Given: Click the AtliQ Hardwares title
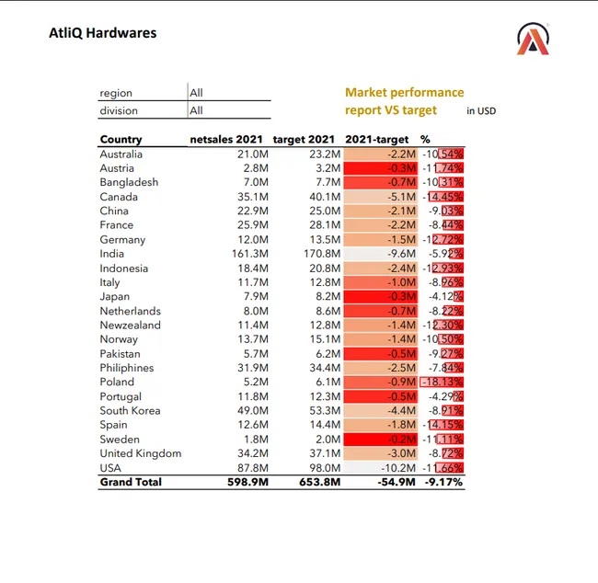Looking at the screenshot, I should (x=102, y=33).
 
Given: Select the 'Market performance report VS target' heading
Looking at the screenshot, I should (x=404, y=101).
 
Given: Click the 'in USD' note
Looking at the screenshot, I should (x=481, y=111).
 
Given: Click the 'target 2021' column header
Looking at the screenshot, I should (x=306, y=140).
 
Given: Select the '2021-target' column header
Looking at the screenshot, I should (x=377, y=140).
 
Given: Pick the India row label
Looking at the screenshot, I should (x=111, y=254).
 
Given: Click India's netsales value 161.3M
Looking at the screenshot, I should (x=249, y=254).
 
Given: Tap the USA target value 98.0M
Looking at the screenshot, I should (x=322, y=468).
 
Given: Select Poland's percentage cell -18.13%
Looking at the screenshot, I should (x=442, y=383).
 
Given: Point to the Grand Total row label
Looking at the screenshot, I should (x=131, y=482).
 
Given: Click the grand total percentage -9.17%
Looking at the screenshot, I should (x=443, y=482).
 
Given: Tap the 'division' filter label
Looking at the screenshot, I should (x=119, y=111).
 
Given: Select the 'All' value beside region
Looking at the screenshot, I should (x=196, y=93).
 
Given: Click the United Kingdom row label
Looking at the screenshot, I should (x=141, y=453).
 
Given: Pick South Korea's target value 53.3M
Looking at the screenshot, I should (x=322, y=411).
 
